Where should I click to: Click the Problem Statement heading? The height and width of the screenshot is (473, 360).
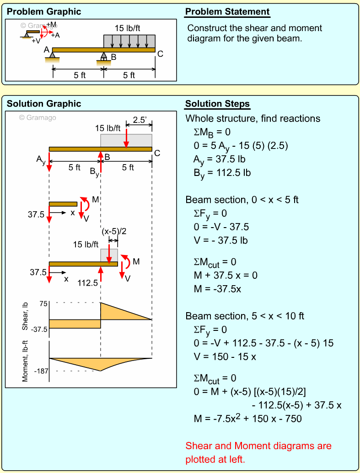tap(227, 12)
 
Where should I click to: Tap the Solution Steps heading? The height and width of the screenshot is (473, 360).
tap(217, 104)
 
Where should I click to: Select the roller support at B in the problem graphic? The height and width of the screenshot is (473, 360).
tap(104, 57)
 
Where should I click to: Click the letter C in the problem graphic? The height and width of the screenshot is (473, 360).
tap(160, 54)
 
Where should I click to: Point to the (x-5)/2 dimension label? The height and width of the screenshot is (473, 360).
tap(113, 232)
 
